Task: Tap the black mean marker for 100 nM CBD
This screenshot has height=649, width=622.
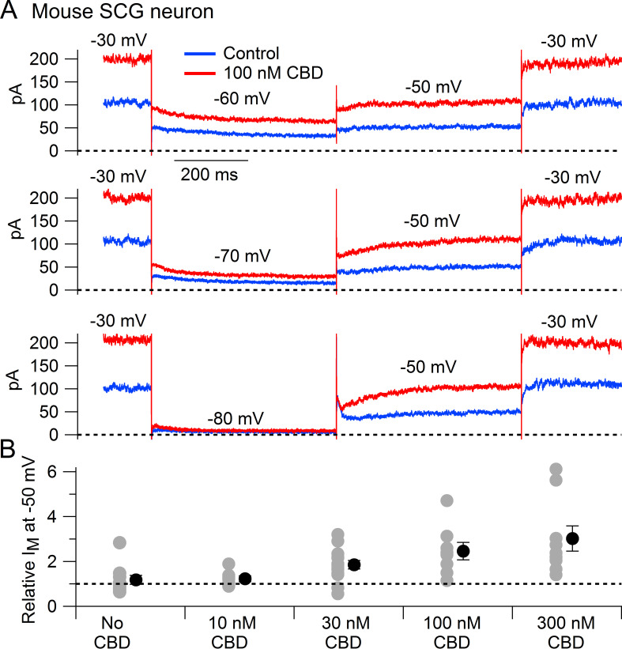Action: (x=464, y=551)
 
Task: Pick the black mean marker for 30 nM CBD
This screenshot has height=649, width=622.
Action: (x=354, y=564)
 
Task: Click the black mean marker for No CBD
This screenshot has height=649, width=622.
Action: (x=136, y=579)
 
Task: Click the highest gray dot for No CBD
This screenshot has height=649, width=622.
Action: (x=119, y=542)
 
